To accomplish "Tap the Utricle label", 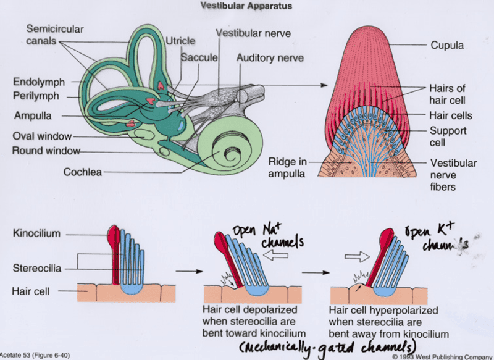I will coord(180,41).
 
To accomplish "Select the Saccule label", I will coord(199,57).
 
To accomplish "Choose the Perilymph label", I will coord(36,96).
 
